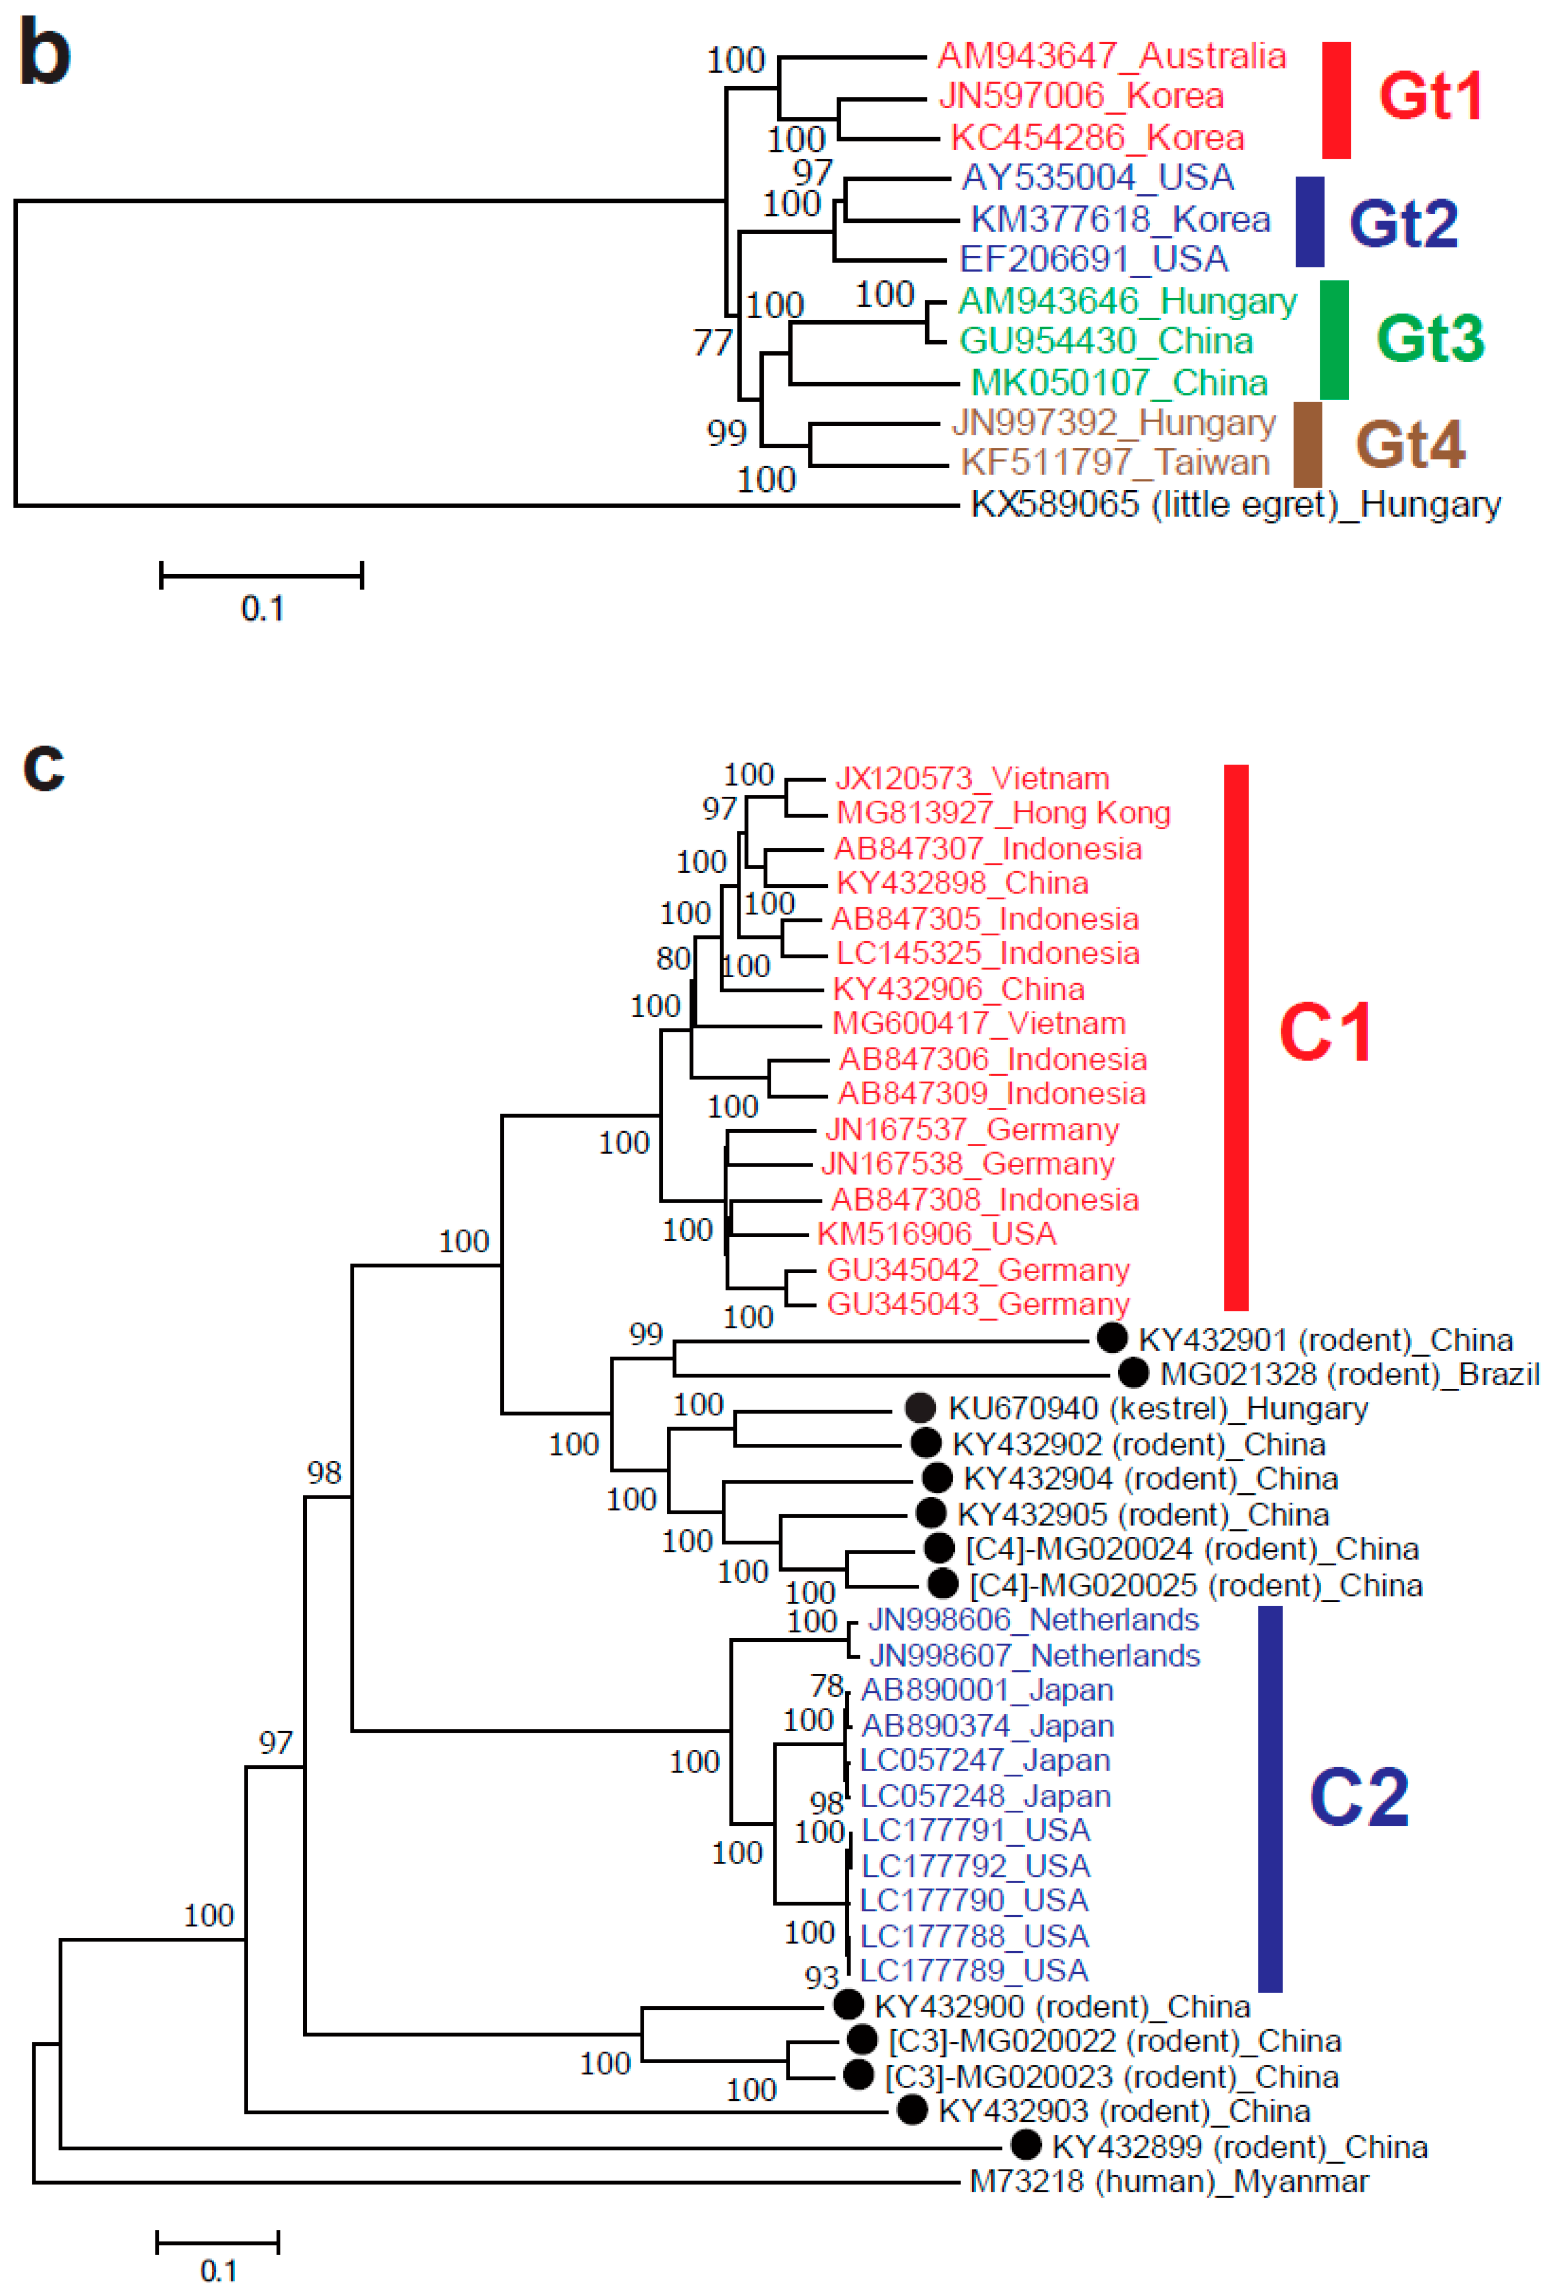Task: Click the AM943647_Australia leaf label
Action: (x=1111, y=57)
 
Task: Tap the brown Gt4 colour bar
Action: (x=1307, y=444)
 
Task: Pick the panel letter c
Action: (x=44, y=765)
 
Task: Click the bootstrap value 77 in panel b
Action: (x=713, y=343)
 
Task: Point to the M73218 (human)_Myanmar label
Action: (x=1169, y=2182)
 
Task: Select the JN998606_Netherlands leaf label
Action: (x=1033, y=1620)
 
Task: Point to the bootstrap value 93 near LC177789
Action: (x=821, y=1977)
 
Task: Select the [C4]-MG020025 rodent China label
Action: (x=1195, y=1585)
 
